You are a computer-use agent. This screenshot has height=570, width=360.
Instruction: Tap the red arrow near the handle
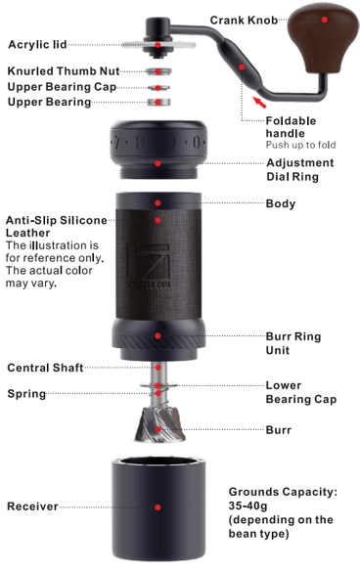[x=259, y=102]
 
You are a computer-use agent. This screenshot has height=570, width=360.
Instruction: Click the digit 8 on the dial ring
[x=140, y=142]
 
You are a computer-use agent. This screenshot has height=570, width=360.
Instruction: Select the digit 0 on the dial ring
[x=196, y=142]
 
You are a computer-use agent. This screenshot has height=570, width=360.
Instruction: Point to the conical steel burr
[x=158, y=424]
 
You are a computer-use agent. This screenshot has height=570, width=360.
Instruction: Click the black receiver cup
[x=158, y=509]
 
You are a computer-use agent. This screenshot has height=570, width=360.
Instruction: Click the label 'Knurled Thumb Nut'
[x=64, y=71]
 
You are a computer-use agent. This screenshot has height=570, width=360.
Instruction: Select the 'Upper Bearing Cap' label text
[x=62, y=87]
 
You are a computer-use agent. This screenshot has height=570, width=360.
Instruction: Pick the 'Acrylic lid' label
[x=37, y=45]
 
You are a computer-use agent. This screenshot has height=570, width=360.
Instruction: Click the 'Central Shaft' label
[x=45, y=368]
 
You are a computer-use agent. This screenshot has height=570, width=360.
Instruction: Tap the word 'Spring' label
[x=27, y=394]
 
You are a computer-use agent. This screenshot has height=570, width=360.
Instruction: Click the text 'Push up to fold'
[x=300, y=145]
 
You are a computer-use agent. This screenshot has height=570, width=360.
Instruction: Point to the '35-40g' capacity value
[x=247, y=505]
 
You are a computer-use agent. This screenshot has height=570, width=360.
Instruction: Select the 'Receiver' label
[x=32, y=506]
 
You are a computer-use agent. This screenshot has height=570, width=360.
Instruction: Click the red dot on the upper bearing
[x=157, y=103]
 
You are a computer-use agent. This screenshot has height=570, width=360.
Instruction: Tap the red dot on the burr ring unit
[x=157, y=336]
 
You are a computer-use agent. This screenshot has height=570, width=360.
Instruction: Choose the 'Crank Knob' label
[x=244, y=21]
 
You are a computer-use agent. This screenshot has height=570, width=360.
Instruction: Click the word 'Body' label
[x=281, y=203]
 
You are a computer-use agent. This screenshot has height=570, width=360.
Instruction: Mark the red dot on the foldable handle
[x=242, y=67]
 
